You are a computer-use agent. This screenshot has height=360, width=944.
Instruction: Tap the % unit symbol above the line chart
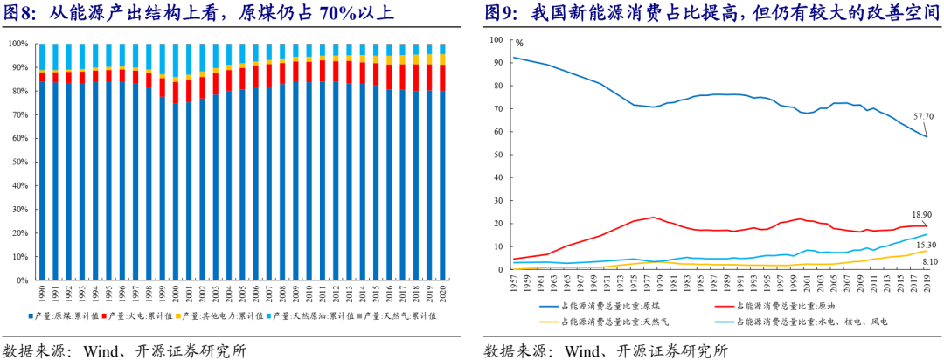point(519,42)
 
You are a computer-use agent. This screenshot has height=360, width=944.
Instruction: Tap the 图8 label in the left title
point(19,13)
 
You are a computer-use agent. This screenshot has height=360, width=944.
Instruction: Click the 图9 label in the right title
point(501,13)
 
